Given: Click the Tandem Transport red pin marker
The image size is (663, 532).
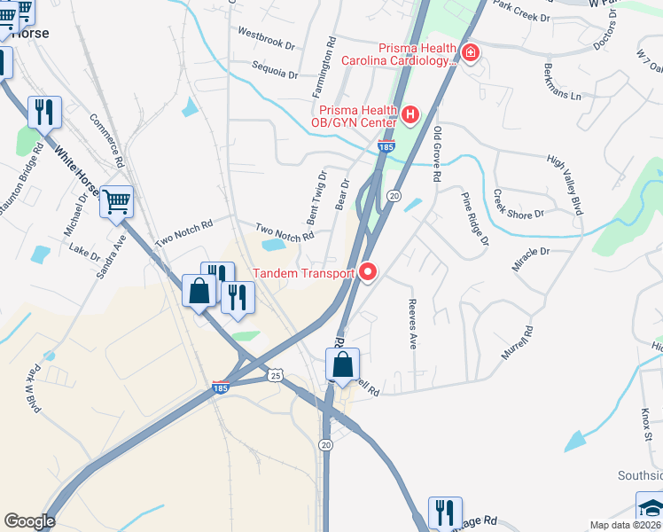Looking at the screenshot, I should pos(367,273).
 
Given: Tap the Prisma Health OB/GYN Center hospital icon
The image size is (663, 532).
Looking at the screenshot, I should pos(409,114).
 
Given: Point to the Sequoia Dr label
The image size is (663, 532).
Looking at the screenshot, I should pos(274,68).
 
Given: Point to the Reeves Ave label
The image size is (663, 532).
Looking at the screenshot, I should pos(412,324).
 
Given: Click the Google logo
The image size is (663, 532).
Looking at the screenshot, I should pos(29,521).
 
